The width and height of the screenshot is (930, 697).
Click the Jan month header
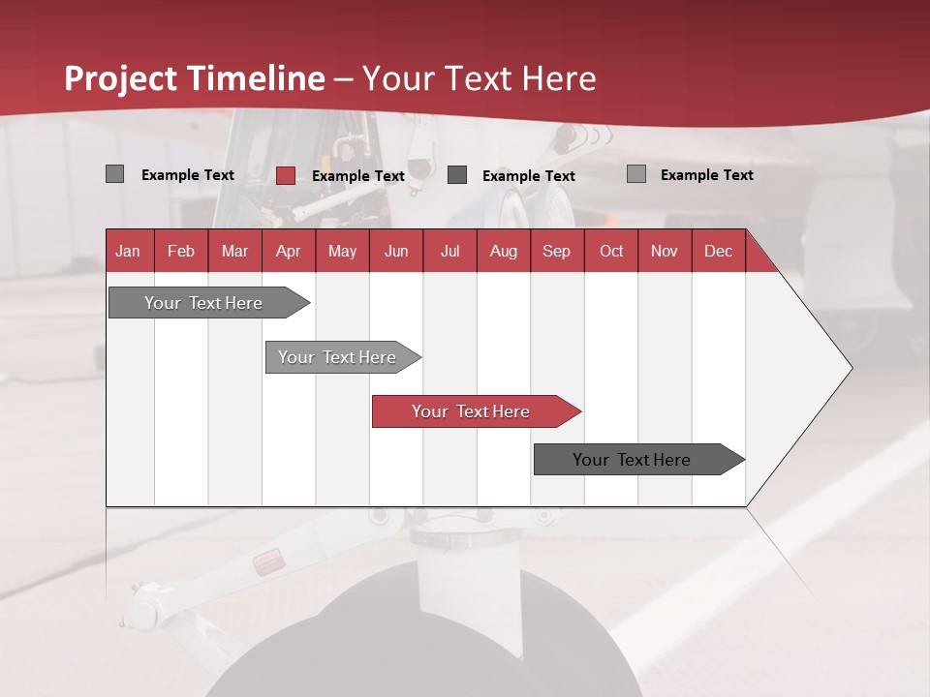tap(129, 251)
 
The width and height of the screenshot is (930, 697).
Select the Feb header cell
tap(181, 251)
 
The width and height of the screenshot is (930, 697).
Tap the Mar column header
tap(234, 251)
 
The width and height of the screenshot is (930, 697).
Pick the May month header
tap(342, 251)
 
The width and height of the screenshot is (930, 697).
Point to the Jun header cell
tap(396, 251)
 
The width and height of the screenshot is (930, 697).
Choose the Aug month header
tap(504, 251)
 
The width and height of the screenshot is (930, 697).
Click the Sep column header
tap(557, 251)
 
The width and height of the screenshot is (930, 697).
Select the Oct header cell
tap(611, 251)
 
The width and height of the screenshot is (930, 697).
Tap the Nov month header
tap(665, 251)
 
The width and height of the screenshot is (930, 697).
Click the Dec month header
tap(718, 251)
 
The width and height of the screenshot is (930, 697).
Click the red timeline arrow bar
tap(475, 411)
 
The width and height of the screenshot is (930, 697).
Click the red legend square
tap(286, 175)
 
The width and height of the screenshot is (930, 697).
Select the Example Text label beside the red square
tap(358, 176)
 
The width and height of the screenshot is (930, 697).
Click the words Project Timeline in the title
tap(195, 78)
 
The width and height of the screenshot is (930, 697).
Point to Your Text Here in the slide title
tap(479, 78)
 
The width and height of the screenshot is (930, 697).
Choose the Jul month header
tap(450, 251)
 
